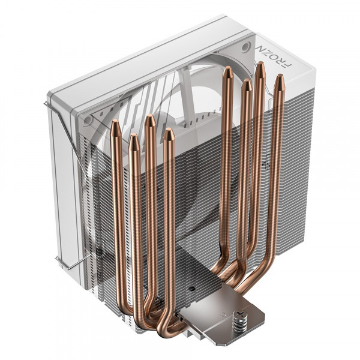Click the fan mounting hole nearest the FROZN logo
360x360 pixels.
pyautogui.click(x=245, y=47)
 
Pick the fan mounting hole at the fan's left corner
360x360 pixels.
pyautogui.click(x=88, y=121)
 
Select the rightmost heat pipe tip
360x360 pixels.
pyautogui.click(x=278, y=77)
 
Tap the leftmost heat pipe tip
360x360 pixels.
pyautogui.click(x=115, y=124)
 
